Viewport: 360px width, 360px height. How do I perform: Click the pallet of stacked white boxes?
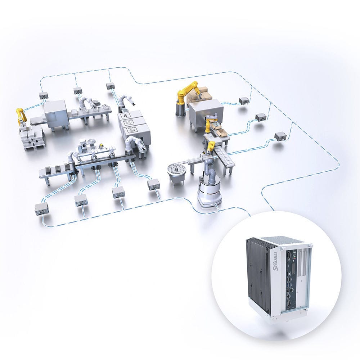tap(32, 139)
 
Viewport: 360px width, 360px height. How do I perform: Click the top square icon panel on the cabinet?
tap(127, 116)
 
